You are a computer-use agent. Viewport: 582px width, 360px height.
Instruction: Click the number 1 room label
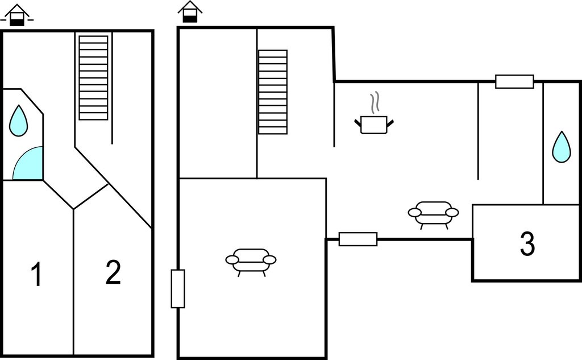pyautogui.click(x=36, y=274)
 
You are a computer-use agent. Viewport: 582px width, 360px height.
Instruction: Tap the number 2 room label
pyautogui.click(x=113, y=272)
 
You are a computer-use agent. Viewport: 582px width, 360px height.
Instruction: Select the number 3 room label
pyautogui.click(x=527, y=244)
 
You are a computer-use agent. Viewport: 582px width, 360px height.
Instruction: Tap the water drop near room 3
pyautogui.click(x=561, y=147)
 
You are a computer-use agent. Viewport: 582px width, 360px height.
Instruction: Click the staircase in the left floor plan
pyautogui.click(x=94, y=78)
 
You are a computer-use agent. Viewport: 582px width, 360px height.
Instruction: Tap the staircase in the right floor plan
pyautogui.click(x=273, y=92)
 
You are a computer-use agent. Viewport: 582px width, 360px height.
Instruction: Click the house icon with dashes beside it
pyautogui.click(x=16, y=15)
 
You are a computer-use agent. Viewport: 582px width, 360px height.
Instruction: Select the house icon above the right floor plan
pyautogui.click(x=190, y=12)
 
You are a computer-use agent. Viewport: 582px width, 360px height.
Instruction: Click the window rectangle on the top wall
pyautogui.click(x=514, y=82)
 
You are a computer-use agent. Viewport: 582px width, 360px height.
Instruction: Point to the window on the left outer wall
pyautogui.click(x=178, y=289)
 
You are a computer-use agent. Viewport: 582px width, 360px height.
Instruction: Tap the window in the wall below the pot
pyautogui.click(x=358, y=239)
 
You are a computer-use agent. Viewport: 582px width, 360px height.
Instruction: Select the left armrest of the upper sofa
pyautogui.click(x=414, y=213)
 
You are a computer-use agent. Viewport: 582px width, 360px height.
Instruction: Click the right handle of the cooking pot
pyautogui.click(x=390, y=123)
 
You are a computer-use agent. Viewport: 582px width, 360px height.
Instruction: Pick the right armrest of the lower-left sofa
pyautogui.click(x=269, y=260)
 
